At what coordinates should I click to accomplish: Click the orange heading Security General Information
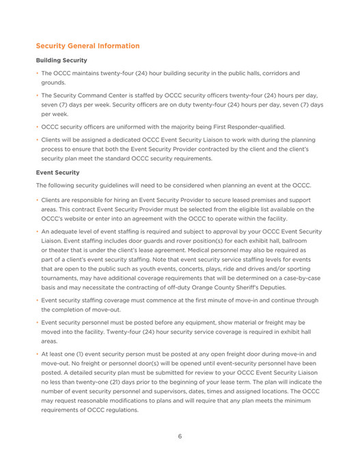(87, 46)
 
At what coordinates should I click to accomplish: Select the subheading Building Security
(61, 60)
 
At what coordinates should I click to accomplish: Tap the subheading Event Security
(57, 173)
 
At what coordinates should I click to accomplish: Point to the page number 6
(180, 436)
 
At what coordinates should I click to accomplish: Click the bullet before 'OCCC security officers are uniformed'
(37, 127)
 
